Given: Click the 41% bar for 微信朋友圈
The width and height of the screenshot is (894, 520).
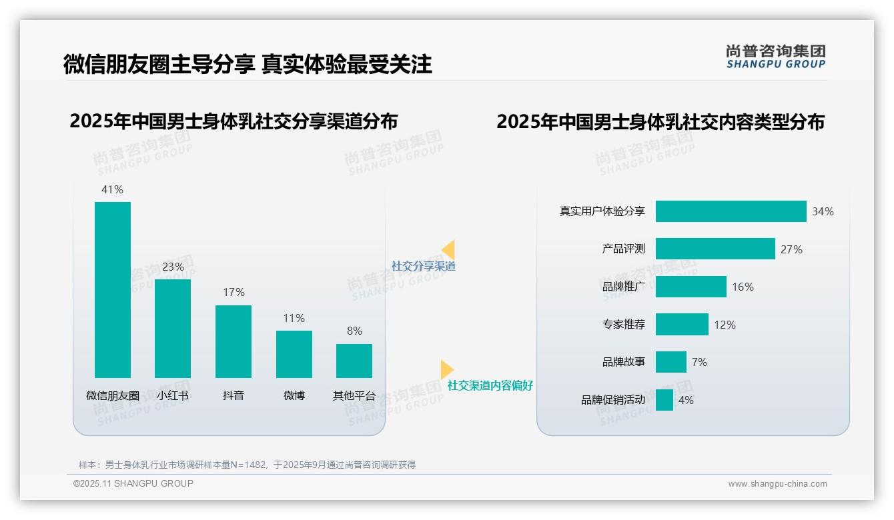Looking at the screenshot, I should click(x=113, y=290).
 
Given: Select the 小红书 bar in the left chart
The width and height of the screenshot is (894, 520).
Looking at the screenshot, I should click(x=173, y=329).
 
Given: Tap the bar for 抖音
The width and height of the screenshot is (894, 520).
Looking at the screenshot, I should click(x=234, y=341).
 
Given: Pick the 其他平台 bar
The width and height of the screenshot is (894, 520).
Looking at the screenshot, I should click(x=354, y=361).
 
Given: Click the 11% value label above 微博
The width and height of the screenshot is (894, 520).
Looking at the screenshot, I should click(x=294, y=318).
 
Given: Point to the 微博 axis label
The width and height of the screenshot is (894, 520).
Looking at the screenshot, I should click(x=294, y=395).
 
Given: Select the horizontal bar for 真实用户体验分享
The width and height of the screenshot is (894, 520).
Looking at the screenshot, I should click(x=731, y=211).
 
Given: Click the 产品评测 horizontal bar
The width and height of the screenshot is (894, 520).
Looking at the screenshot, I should click(x=715, y=249).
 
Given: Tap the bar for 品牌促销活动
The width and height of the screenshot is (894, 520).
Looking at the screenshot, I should click(x=664, y=400).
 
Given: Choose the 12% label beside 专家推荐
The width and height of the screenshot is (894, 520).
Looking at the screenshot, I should click(x=725, y=325).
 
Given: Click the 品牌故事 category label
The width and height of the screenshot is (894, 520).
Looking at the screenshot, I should click(x=624, y=362).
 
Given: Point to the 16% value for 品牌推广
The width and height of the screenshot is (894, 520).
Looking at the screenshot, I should click(x=743, y=287).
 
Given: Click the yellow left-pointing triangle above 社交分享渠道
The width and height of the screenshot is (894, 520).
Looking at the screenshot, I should click(x=448, y=249).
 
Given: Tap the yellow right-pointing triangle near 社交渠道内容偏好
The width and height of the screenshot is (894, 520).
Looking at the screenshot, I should click(x=446, y=369).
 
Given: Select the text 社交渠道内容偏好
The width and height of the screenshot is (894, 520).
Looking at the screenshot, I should click(x=490, y=385).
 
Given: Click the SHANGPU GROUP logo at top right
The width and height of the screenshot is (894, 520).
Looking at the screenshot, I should click(x=775, y=57).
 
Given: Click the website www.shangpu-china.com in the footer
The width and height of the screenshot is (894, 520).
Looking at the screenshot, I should click(x=777, y=484).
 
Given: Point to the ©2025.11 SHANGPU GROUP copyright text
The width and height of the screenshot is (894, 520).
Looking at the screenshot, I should click(x=133, y=483).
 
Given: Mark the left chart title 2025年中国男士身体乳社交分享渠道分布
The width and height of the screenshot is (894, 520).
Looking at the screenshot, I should click(x=234, y=121).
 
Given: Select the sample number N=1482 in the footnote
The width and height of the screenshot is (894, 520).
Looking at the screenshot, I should click(x=250, y=465).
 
